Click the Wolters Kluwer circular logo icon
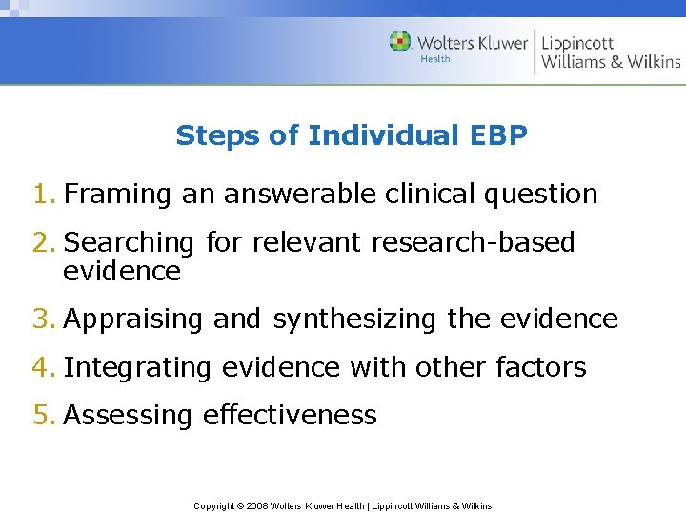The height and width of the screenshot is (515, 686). point(400,42)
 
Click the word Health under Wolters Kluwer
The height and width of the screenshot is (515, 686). point(434,59)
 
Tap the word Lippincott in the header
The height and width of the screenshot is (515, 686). point(577,42)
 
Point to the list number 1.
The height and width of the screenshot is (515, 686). point(43,194)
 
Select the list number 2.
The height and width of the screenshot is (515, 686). point(43,242)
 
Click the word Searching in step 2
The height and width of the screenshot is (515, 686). point(129,243)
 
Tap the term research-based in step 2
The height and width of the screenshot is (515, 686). point(473,242)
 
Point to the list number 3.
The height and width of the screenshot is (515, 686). point(43,319)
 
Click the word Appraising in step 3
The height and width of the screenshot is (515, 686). point(133,319)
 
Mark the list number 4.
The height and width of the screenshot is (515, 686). point(43,367)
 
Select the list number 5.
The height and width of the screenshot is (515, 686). point(43,415)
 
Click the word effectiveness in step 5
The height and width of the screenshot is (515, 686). point(290,415)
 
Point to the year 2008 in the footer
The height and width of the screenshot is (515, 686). point(258,505)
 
